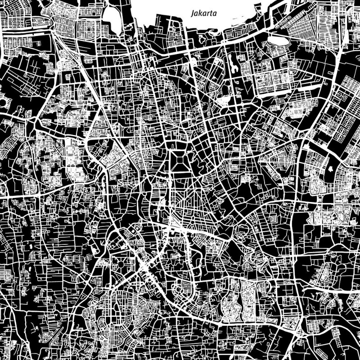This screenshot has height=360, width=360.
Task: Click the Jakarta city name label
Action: pyautogui.click(x=204, y=14)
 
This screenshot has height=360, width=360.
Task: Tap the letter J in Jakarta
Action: pyautogui.click(x=193, y=14)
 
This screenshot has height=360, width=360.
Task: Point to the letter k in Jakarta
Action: pyautogui.click(x=200, y=14)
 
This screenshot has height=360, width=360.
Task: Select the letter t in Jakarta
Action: pyautogui.click(x=211, y=14)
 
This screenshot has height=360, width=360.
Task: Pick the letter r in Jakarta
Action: pyautogui.click(x=208, y=14)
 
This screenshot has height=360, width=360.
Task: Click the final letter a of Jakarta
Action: pyautogui.click(x=215, y=14)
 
